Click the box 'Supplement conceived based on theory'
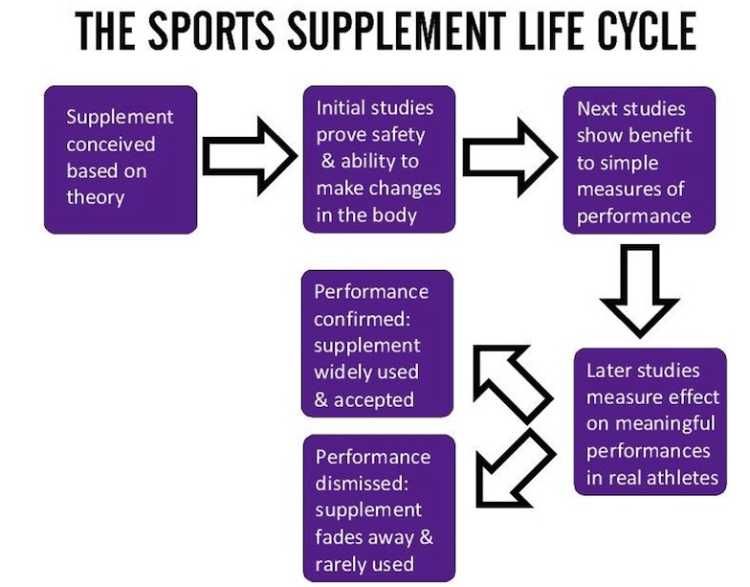[121, 159]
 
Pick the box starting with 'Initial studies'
[378, 159]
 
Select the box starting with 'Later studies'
[650, 421]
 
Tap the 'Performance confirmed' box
[378, 345]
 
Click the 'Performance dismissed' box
[378, 508]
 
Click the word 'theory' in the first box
[96, 198]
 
